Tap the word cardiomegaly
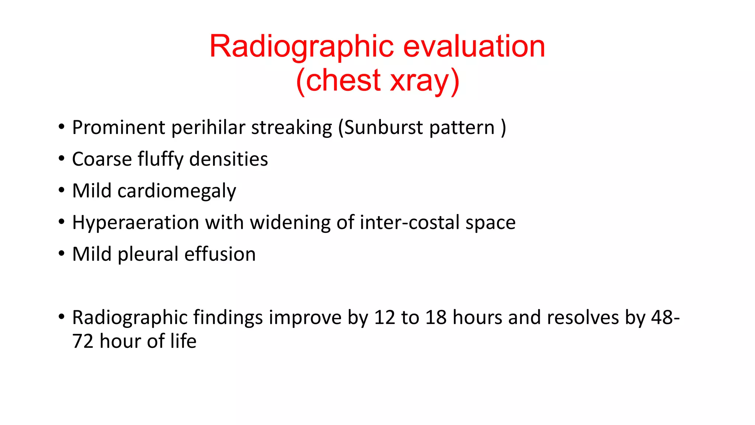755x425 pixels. (x=177, y=191)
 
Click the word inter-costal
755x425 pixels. (x=409, y=223)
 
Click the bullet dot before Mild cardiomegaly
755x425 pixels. (x=62, y=190)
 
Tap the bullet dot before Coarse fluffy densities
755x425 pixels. (x=62, y=158)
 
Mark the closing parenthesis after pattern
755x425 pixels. (x=504, y=128)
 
